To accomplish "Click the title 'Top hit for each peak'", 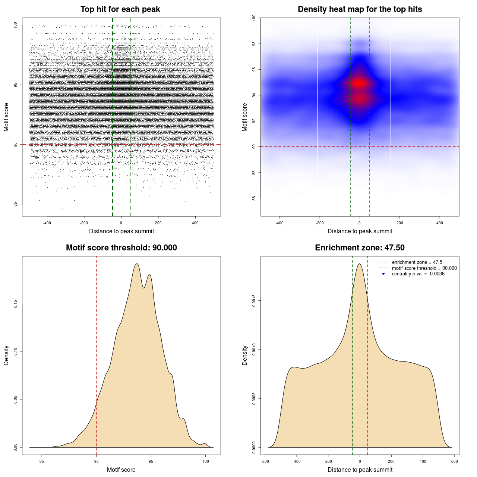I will click(x=120, y=9).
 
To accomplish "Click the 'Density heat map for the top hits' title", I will click(x=360, y=9).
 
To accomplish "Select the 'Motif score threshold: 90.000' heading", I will click(x=121, y=248).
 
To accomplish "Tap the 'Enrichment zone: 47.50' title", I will click(x=360, y=248).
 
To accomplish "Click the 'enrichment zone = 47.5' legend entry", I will click(x=417, y=262).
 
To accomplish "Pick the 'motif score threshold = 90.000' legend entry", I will click(x=424, y=268).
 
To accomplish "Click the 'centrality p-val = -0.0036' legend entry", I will click(x=418, y=274).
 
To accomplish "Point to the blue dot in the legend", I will click(x=383, y=274).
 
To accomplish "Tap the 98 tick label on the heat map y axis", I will click(x=254, y=44).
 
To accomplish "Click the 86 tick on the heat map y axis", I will click(x=254, y=198).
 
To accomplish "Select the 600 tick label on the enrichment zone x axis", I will click(x=454, y=461).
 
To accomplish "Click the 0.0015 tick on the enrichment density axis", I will click(x=254, y=301).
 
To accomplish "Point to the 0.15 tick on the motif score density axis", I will click(x=15, y=304).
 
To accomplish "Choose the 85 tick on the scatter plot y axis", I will click(x=15, y=204).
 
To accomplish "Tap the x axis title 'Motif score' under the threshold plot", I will click(x=121, y=470).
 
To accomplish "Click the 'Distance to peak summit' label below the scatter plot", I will click(x=121, y=231).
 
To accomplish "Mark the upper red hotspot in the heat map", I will click(x=359, y=83).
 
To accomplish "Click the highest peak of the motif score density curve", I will click(x=137, y=264).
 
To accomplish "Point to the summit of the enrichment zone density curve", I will click(x=359, y=264).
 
